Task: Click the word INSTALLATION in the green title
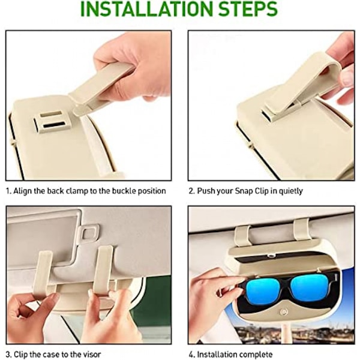(x=147, y=9)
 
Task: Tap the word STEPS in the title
(x=248, y=9)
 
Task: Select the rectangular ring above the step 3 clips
(x=88, y=233)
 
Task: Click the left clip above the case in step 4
(x=242, y=236)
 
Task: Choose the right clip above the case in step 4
(x=301, y=229)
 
